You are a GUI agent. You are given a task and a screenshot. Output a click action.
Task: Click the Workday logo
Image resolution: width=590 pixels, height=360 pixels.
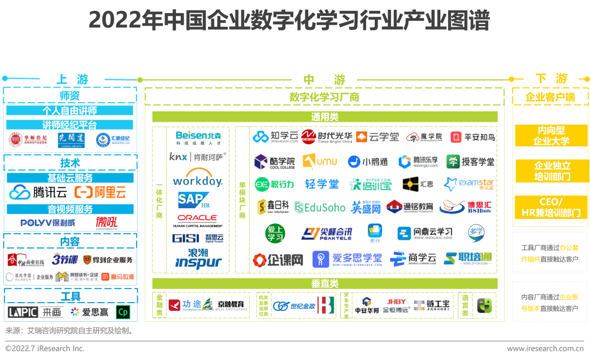pos(197,180)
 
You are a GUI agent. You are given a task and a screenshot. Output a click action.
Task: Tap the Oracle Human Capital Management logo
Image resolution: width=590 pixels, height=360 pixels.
pos(197,220)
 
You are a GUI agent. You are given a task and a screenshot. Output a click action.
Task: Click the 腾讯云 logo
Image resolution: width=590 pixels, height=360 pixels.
pos(38,192)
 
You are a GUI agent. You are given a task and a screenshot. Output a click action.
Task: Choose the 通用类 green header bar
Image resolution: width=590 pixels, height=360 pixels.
pos(324,117)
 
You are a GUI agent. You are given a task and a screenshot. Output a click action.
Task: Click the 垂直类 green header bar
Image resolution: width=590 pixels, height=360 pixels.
pos(324,284)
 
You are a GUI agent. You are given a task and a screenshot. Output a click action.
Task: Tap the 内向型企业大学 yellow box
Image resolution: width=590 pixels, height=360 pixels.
pos(551,135)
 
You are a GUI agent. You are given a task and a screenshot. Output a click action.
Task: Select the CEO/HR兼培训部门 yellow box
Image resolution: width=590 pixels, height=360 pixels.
pos(551,208)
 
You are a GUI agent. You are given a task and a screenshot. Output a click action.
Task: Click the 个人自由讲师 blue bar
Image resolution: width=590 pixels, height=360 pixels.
pos(70,110)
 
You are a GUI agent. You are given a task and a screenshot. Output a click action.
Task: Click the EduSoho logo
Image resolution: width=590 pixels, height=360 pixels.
pos(320,207)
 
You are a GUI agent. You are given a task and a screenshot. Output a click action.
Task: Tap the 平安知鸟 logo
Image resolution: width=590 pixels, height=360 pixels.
pos(473,137)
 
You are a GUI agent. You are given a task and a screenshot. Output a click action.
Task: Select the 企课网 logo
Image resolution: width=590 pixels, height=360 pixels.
pos(278,260)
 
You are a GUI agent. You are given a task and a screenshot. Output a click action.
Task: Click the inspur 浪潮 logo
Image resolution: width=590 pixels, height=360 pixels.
pos(198,258)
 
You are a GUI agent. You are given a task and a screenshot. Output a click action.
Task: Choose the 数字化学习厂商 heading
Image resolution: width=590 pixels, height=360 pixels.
pos(324,97)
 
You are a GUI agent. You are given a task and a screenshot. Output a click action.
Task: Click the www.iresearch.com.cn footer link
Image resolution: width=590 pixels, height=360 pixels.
pos(545,349)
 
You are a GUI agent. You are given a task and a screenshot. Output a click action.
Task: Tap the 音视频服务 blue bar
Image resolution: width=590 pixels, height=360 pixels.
pos(70,209)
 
